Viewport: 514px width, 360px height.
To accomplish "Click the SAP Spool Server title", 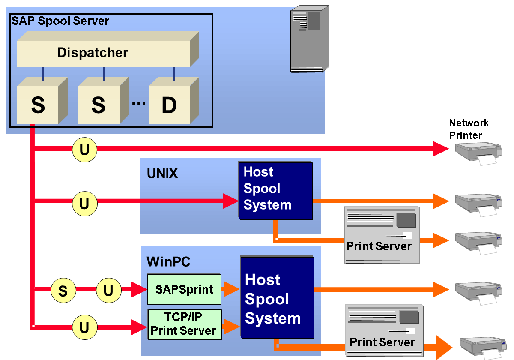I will click(x=60, y=21).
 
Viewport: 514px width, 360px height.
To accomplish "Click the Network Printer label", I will click(x=469, y=129).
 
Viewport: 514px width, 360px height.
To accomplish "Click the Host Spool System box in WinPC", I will click(x=277, y=299).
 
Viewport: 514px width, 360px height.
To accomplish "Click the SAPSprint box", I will click(x=184, y=289).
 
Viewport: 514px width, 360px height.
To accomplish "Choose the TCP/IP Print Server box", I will click(x=184, y=324).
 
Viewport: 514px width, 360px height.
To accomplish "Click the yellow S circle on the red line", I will click(x=63, y=291).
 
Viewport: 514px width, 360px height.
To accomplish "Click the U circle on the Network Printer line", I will click(x=84, y=150).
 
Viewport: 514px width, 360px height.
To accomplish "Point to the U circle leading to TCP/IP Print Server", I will click(x=84, y=327).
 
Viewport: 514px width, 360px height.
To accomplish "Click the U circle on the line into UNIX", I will click(x=84, y=204).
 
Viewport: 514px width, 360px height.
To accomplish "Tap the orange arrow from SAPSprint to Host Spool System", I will click(x=231, y=289).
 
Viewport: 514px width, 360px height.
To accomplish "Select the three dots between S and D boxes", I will click(x=138, y=103).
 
